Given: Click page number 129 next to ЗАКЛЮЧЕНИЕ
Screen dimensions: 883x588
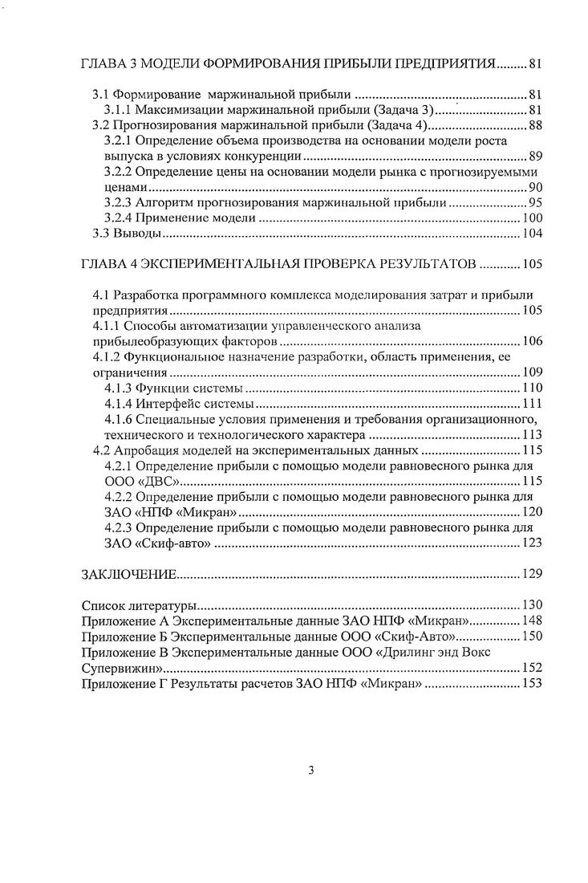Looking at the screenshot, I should pyautogui.click(x=533, y=574).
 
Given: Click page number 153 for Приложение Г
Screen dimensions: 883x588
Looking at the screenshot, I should pyautogui.click(x=533, y=683).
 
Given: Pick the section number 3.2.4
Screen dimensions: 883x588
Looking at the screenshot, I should pyautogui.click(x=120, y=218).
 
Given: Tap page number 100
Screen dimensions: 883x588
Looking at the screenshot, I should pyautogui.click(x=533, y=218).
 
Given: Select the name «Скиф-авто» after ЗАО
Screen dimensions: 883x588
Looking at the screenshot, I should pyautogui.click(x=171, y=543).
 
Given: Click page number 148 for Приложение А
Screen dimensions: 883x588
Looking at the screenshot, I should pyautogui.click(x=533, y=621).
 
